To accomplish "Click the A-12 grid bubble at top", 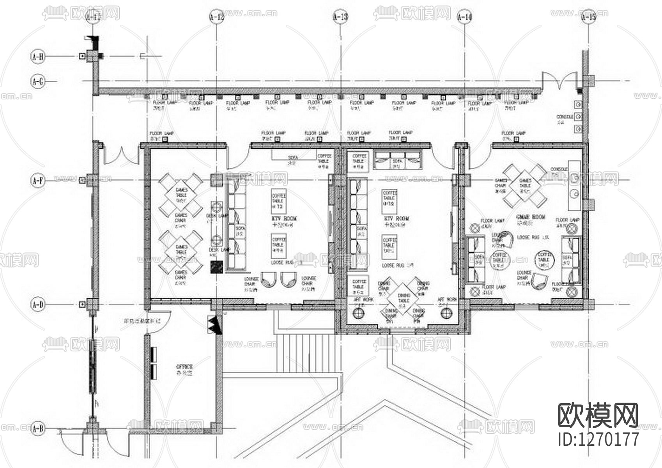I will pyautogui.click(x=217, y=17).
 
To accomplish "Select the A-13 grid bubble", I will pyautogui.click(x=340, y=17).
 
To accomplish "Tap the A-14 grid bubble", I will pyautogui.click(x=464, y=17).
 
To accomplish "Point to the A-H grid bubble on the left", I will pyautogui.click(x=38, y=57).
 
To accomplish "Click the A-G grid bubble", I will pyautogui.click(x=38, y=82).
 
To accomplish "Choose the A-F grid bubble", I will pyautogui.click(x=38, y=181).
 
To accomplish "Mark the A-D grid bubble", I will pyautogui.click(x=38, y=304).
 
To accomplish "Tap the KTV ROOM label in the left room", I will pyautogui.click(x=284, y=218).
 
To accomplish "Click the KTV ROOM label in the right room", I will pyautogui.click(x=396, y=219).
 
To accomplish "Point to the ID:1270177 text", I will pyautogui.click(x=598, y=439).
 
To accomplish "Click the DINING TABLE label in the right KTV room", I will pyautogui.click(x=404, y=298).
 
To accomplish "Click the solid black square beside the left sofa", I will pyautogui.click(x=216, y=267).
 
